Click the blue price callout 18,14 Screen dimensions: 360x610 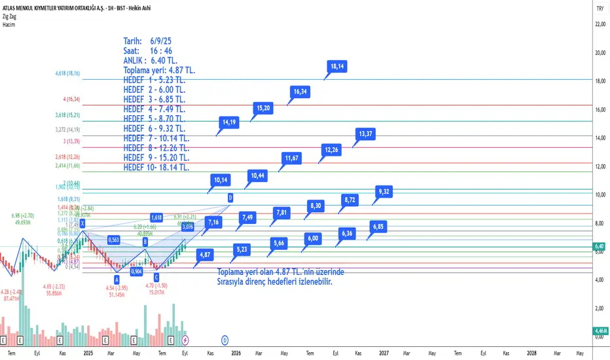tap(338, 66)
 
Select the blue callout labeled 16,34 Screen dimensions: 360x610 tap(300, 92)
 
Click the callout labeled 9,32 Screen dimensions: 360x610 tap(384, 191)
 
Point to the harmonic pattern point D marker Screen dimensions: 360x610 tap(230, 198)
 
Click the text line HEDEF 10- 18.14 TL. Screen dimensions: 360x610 tap(156, 168)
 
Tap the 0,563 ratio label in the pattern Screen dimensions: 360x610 tap(115, 240)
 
